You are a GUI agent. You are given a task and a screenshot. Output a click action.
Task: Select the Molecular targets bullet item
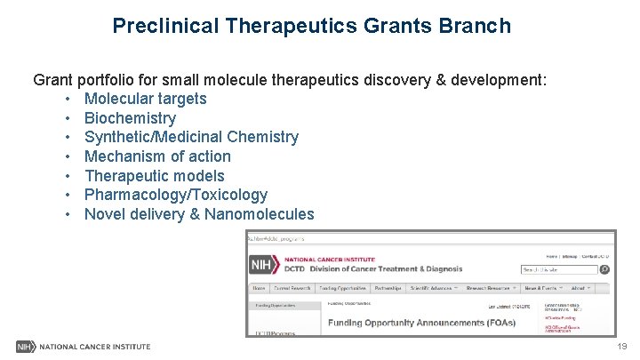point(145,99)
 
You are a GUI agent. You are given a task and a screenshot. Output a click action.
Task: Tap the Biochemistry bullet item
point(130,118)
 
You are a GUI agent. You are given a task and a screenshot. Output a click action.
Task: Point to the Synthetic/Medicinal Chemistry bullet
point(191,137)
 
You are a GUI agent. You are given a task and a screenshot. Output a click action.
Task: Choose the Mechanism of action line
point(157,156)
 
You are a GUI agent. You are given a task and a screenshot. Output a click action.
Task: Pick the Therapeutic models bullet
point(154,176)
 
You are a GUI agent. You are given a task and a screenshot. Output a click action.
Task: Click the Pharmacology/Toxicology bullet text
point(175,195)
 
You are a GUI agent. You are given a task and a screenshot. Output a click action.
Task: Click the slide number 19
point(621,347)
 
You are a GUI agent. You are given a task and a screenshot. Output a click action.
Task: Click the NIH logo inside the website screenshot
point(260,265)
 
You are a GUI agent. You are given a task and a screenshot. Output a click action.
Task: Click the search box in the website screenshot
point(558,269)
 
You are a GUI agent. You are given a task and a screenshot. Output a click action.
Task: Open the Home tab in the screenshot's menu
point(259,288)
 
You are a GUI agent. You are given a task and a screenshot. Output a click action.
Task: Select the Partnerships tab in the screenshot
point(387,288)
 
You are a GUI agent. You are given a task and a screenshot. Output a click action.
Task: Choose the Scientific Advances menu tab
point(433,288)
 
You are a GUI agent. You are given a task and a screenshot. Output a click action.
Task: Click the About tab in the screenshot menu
point(580,288)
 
